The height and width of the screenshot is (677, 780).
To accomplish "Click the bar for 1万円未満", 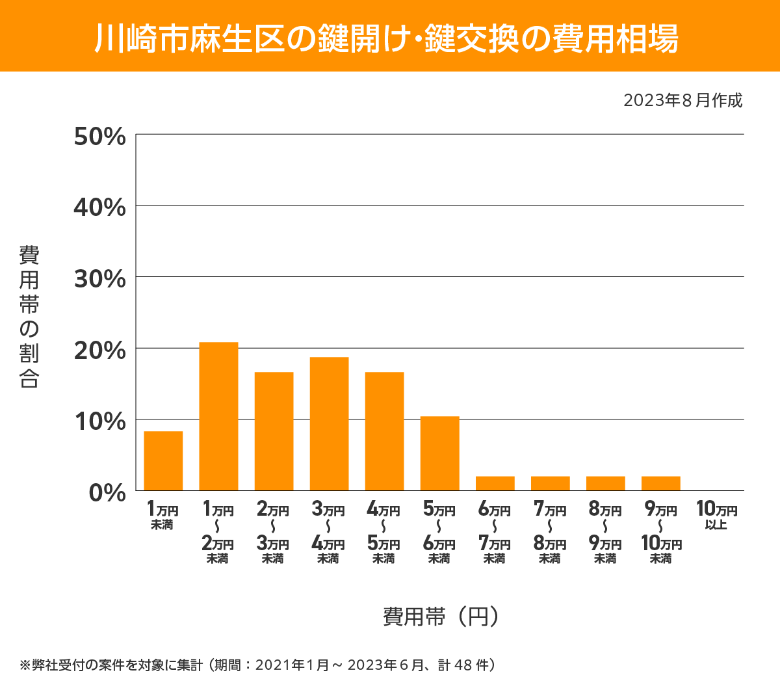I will [163, 460].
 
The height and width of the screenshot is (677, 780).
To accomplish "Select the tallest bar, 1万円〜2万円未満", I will [218, 416].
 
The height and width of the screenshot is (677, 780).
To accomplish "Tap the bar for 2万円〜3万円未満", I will [274, 431].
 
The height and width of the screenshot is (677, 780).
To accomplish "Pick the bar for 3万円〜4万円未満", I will [329, 423].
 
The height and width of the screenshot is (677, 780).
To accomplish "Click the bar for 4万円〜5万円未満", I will [384, 431].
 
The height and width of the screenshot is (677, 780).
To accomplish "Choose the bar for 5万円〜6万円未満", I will [439, 453].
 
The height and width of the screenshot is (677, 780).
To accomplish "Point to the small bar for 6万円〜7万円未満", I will [495, 483].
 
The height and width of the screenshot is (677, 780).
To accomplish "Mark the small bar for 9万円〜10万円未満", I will [660, 483].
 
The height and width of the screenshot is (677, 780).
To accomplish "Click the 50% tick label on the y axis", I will [99, 137].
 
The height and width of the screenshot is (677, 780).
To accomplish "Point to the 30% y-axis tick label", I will [99, 279].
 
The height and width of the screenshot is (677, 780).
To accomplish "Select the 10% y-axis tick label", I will [99, 421].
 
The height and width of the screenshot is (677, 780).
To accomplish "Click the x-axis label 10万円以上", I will [716, 516].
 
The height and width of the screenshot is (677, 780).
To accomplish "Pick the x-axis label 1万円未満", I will [162, 516].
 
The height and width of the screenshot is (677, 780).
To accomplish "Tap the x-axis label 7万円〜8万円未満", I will [550, 533].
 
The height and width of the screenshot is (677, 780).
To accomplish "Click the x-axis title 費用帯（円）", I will [441, 616].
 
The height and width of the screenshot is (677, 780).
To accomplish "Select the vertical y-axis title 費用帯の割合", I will [29, 317].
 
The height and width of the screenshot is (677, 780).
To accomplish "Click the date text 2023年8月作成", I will [682, 101].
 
